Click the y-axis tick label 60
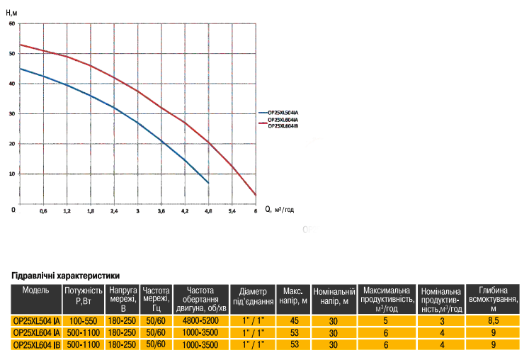tap(12, 23)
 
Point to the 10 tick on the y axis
tap(12, 174)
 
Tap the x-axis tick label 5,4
tap(231, 211)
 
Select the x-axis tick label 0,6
tap(43, 211)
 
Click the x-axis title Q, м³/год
tap(280, 210)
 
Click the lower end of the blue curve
tap(208, 184)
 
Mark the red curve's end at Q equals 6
tap(255, 194)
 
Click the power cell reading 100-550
tap(84, 321)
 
